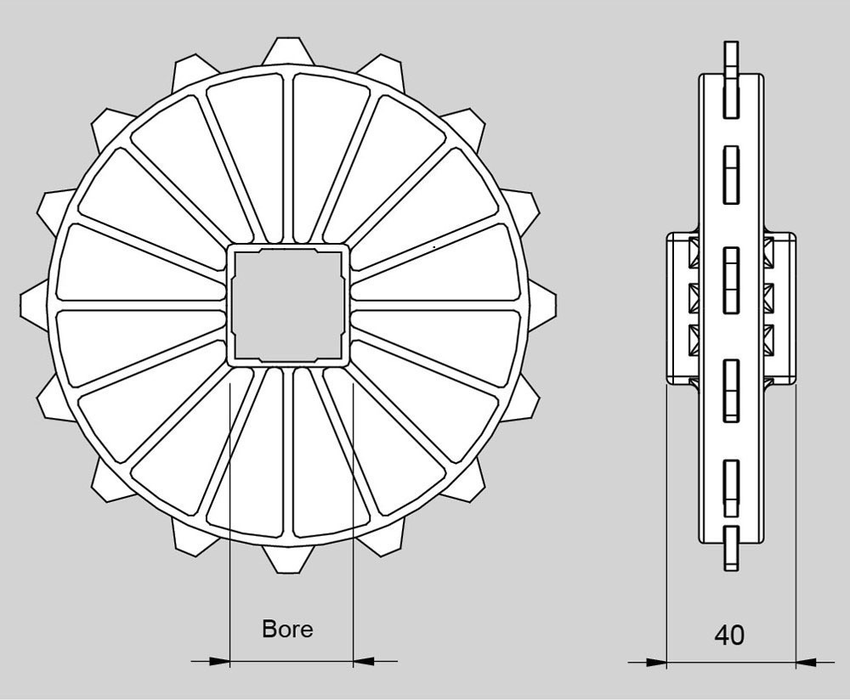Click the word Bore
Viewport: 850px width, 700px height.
point(287,629)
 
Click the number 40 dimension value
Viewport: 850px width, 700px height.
point(729,635)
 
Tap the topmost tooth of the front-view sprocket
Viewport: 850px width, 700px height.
point(288,51)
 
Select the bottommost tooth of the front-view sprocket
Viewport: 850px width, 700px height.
point(288,558)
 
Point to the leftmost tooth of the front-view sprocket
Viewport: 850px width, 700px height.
point(35,305)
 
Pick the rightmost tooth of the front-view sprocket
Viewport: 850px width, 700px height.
point(541,305)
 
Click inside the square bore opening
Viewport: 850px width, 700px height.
point(288,305)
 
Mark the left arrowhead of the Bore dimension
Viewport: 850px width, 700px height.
point(219,661)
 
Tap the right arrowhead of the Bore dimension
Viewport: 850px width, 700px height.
point(364,661)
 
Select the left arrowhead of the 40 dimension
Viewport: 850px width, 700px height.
point(656,662)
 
